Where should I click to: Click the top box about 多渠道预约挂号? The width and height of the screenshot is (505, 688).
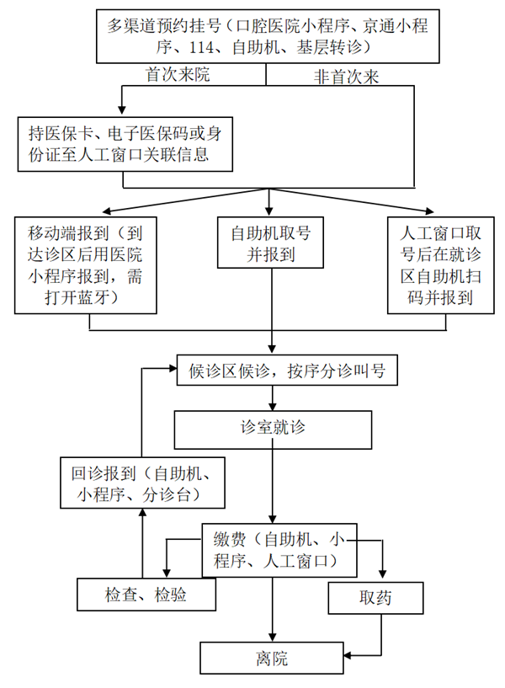tap(267, 35)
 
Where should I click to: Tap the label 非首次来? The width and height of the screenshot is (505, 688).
tap(347, 77)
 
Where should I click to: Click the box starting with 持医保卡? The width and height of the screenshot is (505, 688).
tap(125, 143)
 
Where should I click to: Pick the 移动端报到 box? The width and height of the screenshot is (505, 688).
tap(85, 264)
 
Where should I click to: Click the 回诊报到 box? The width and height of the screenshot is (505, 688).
tap(142, 483)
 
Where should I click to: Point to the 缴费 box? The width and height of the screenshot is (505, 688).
tap(279, 549)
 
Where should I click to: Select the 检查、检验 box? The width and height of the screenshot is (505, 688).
tap(146, 595)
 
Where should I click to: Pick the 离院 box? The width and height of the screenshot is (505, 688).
tap(272, 658)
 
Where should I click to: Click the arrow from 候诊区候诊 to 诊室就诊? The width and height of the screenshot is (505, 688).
tap(271, 398)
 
